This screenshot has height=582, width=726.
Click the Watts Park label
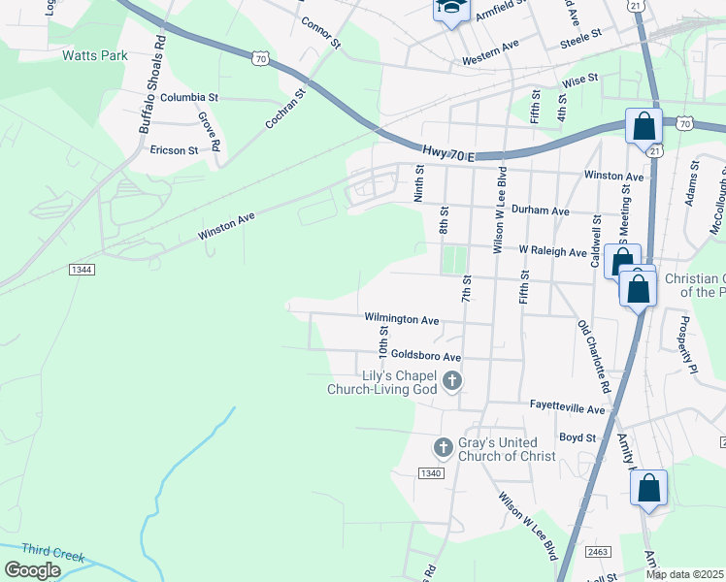click(x=95, y=55)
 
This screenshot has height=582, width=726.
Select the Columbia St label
click(x=190, y=98)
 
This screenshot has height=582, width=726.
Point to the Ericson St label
click(x=174, y=150)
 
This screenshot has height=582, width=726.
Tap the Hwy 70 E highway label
click(x=448, y=153)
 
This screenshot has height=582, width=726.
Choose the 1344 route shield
click(x=82, y=269)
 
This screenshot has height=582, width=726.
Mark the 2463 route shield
click(x=599, y=551)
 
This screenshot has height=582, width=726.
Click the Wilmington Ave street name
click(x=402, y=318)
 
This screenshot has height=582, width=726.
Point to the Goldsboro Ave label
click(x=425, y=356)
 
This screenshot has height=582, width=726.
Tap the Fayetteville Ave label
click(x=568, y=409)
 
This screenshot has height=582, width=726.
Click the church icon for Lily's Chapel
click(x=451, y=382)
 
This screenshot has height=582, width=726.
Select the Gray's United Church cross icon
click(x=443, y=447)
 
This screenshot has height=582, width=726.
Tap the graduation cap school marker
click(x=450, y=9)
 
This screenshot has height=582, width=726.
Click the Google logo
click(x=32, y=570)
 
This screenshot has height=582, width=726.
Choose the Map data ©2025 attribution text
click(x=684, y=574)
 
